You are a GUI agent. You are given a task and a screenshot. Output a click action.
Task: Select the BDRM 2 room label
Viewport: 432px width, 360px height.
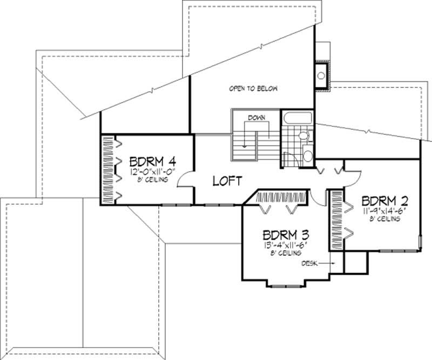[x=384, y=199]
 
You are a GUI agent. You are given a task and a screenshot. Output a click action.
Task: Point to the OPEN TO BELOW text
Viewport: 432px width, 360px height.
[x=249, y=88]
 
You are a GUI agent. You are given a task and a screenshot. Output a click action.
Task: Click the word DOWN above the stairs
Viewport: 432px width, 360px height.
[x=256, y=117]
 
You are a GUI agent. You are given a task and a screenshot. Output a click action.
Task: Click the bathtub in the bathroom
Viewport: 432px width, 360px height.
[x=296, y=118]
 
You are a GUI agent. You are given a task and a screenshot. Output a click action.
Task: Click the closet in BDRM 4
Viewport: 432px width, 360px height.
[x=107, y=170]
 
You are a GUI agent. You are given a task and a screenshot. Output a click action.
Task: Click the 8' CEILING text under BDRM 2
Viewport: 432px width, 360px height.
[x=385, y=219]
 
